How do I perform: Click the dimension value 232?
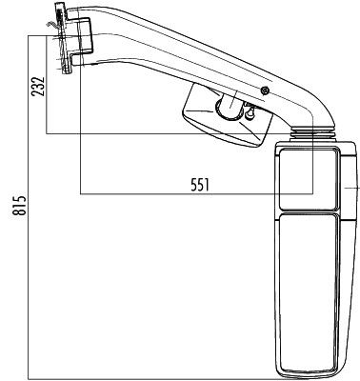click(x=37, y=86)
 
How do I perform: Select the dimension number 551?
click(x=200, y=185)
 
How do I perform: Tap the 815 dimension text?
click(x=20, y=206)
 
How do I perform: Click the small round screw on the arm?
click(x=265, y=90)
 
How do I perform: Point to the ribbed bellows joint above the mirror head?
click(x=312, y=133)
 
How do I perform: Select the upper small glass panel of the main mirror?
click(x=308, y=179)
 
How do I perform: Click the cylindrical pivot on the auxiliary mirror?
click(x=228, y=108)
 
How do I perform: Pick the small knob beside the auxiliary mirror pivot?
click(x=250, y=113)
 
